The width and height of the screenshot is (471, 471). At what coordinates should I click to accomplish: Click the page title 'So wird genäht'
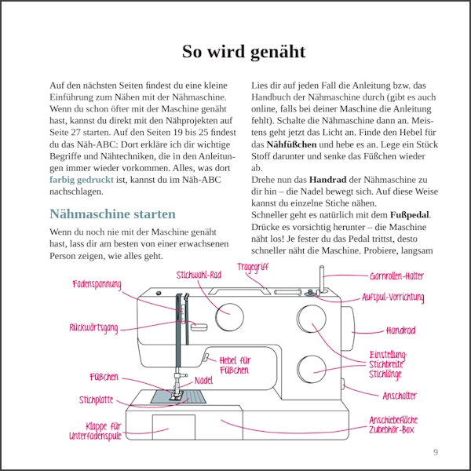click(x=243, y=52)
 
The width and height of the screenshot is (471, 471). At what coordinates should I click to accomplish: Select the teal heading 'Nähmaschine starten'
click(x=112, y=214)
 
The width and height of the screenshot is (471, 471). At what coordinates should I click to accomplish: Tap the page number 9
click(x=436, y=452)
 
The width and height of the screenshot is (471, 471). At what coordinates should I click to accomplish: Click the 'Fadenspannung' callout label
click(x=97, y=284)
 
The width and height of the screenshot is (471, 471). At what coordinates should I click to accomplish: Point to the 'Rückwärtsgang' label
click(x=93, y=327)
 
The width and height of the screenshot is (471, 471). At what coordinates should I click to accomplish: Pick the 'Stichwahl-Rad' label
click(x=199, y=275)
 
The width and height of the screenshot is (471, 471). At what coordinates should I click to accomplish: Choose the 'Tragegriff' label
click(x=253, y=267)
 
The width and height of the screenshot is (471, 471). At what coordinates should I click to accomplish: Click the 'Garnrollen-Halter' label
click(x=396, y=276)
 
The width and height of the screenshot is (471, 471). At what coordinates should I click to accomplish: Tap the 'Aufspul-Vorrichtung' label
click(x=393, y=298)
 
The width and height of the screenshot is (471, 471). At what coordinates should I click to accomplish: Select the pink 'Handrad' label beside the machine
click(x=400, y=330)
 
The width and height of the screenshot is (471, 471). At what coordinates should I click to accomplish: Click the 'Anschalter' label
click(x=400, y=396)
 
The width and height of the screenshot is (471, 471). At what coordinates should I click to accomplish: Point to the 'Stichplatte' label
click(x=97, y=400)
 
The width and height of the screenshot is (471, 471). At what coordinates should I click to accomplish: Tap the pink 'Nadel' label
click(x=203, y=381)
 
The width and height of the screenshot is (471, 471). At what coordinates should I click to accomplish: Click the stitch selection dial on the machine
click(x=229, y=317)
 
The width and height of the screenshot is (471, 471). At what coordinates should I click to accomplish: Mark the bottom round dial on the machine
click(x=312, y=369)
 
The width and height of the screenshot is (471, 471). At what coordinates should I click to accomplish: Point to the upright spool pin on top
click(x=321, y=279)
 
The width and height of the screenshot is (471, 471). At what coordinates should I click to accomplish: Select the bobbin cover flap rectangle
click(x=173, y=427)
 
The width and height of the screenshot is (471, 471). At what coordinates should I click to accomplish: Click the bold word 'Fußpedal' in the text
click(x=410, y=215)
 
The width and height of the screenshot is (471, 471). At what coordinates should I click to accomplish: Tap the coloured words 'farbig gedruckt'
click(x=82, y=180)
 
